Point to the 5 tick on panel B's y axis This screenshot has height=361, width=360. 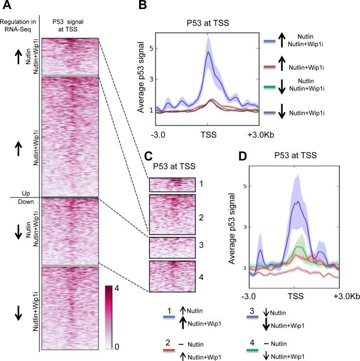coord(151,49)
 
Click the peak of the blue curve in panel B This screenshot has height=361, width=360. coord(207,52)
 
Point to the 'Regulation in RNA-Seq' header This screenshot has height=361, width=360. coord(19,25)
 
